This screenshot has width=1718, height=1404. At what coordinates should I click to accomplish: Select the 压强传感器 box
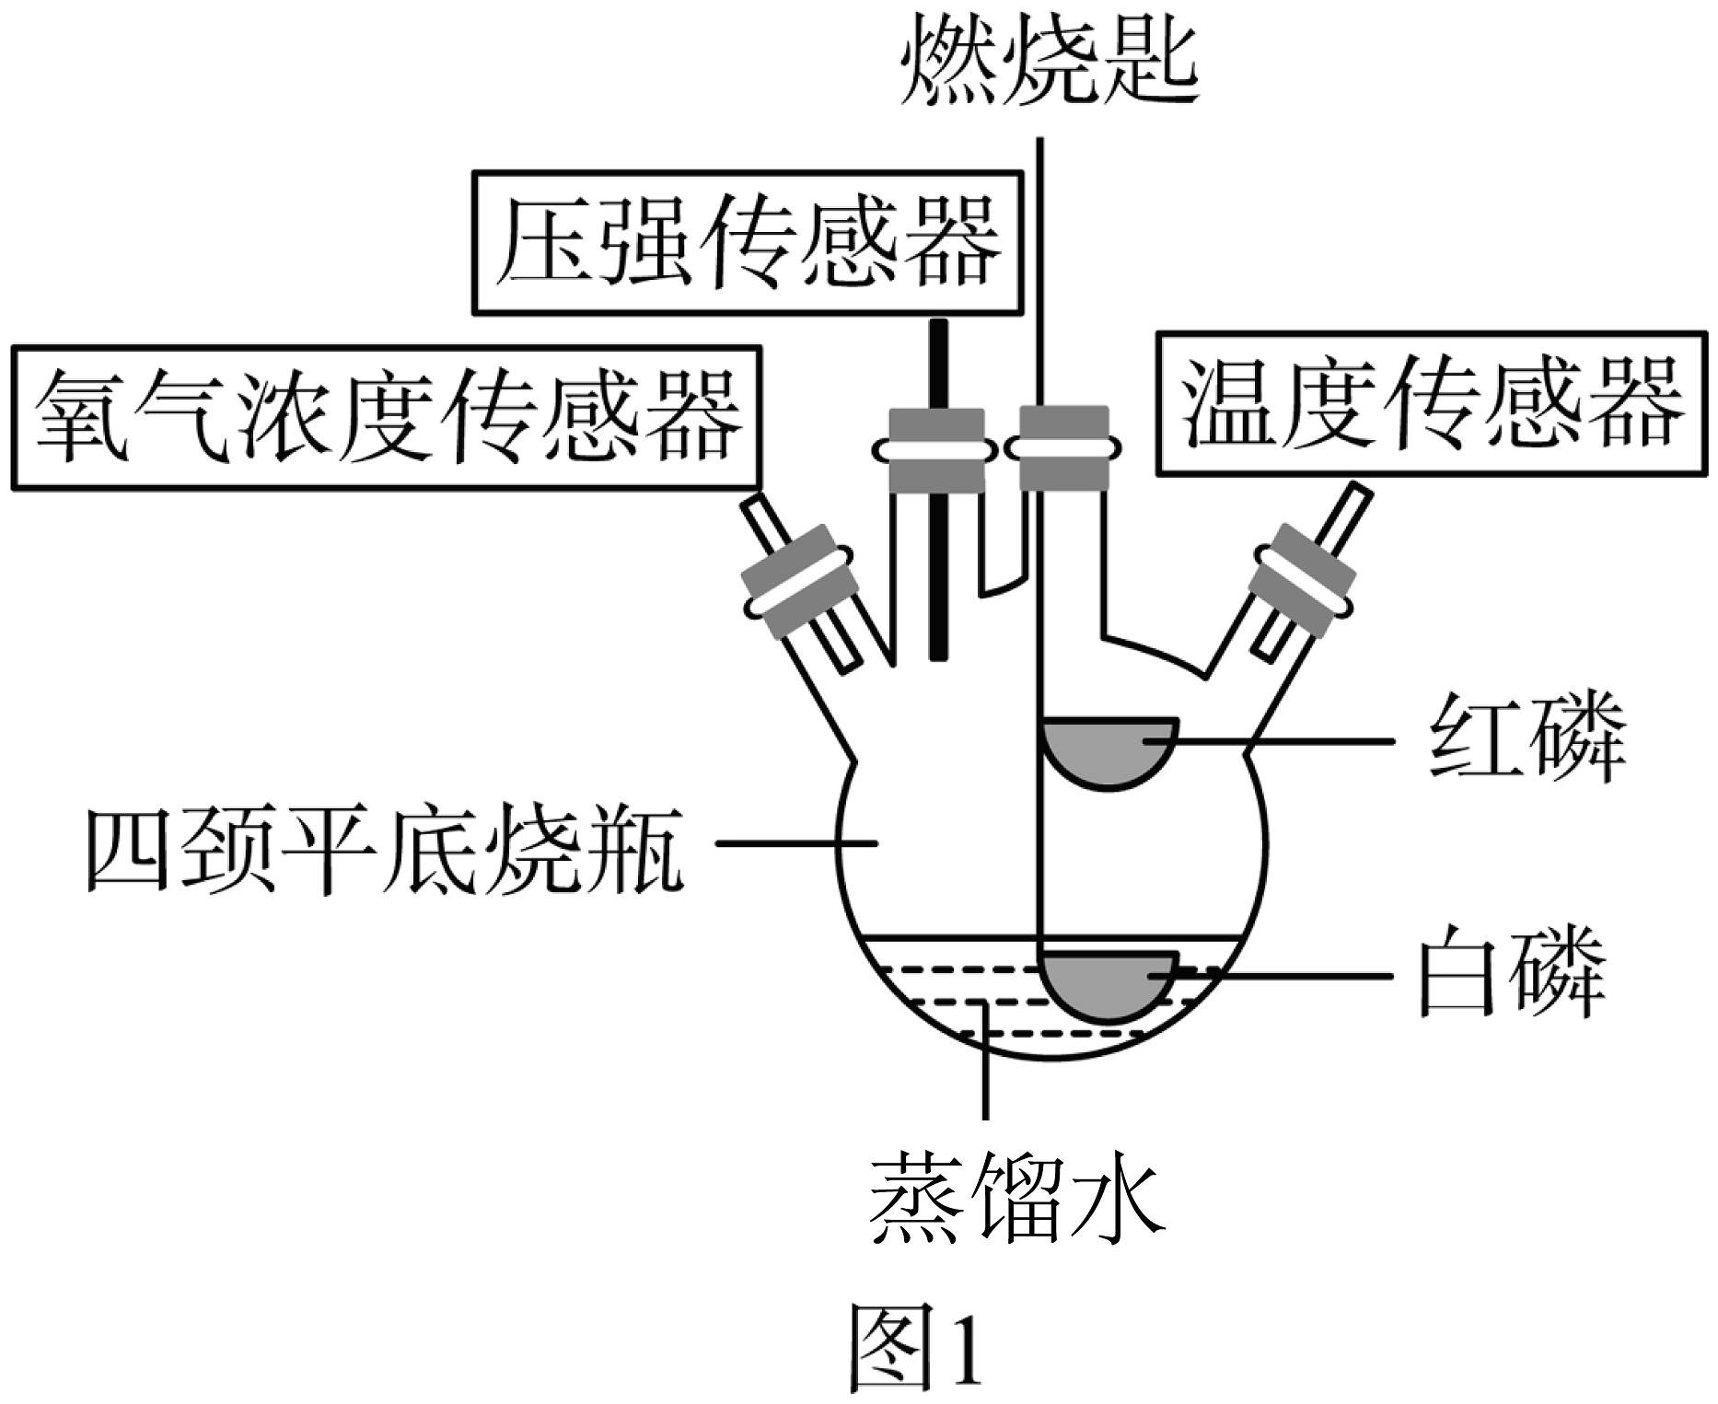coord(749,243)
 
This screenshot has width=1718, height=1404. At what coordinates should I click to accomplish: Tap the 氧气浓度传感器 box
coord(387,417)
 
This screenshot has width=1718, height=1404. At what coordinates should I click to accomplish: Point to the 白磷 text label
coord(1514,975)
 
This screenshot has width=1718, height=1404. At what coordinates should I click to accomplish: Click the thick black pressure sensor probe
coord(938,489)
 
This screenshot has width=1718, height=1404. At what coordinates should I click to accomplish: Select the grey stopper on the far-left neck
coord(797,582)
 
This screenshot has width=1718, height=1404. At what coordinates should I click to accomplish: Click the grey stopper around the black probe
coord(936,450)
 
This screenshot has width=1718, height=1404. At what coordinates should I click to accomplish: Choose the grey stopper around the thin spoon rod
coord(1063,448)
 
